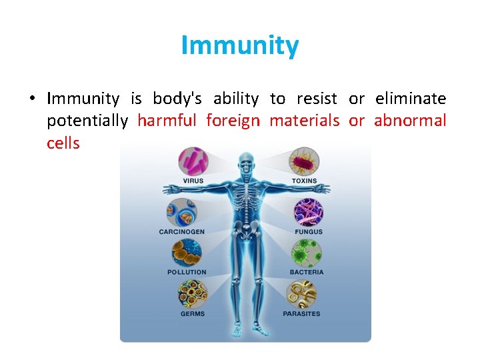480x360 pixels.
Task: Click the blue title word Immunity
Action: click(240, 46)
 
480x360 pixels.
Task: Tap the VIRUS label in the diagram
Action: click(193, 181)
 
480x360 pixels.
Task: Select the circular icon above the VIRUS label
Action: click(193, 161)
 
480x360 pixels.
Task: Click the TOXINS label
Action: click(304, 181)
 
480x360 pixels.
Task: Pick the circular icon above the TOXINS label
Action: click(304, 161)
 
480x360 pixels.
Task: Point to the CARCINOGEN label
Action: click(181, 231)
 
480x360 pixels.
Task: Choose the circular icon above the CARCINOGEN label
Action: click(181, 212)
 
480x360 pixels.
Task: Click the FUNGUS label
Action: click(308, 231)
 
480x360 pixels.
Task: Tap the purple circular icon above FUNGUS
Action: click(308, 212)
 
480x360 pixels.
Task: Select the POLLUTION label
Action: click(187, 272)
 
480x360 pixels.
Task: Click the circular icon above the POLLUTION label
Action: click(187, 253)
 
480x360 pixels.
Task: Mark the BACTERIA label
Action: click(307, 272)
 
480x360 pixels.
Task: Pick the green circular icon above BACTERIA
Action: click(307, 253)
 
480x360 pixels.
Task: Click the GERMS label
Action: click(193, 313)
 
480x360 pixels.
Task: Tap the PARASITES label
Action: click(301, 313)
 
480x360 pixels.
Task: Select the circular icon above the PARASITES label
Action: click(301, 294)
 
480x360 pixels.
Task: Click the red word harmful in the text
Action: click(167, 121)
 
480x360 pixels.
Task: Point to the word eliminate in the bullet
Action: click(411, 99)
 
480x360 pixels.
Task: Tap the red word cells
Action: click(63, 143)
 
